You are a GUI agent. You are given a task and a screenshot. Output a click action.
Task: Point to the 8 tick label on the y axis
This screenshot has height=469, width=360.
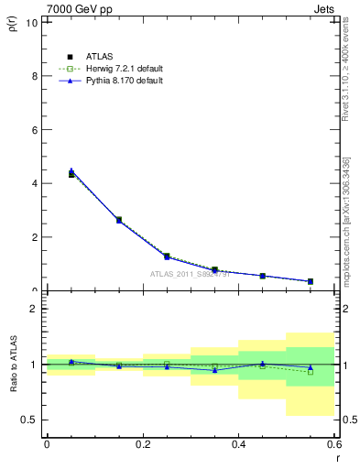34,76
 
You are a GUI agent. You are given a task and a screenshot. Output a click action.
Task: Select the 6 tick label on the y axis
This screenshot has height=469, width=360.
34,130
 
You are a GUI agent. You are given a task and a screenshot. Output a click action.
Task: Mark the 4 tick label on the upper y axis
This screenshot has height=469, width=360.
34,183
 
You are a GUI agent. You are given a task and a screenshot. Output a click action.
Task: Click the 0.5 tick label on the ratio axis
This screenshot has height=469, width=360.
29,420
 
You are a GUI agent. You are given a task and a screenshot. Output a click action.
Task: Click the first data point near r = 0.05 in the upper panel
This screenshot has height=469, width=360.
71,173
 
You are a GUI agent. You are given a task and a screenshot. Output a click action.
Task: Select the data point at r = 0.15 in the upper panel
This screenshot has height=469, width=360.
119,220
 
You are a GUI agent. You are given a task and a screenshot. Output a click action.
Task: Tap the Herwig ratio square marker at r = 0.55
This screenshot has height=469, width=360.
311,372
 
